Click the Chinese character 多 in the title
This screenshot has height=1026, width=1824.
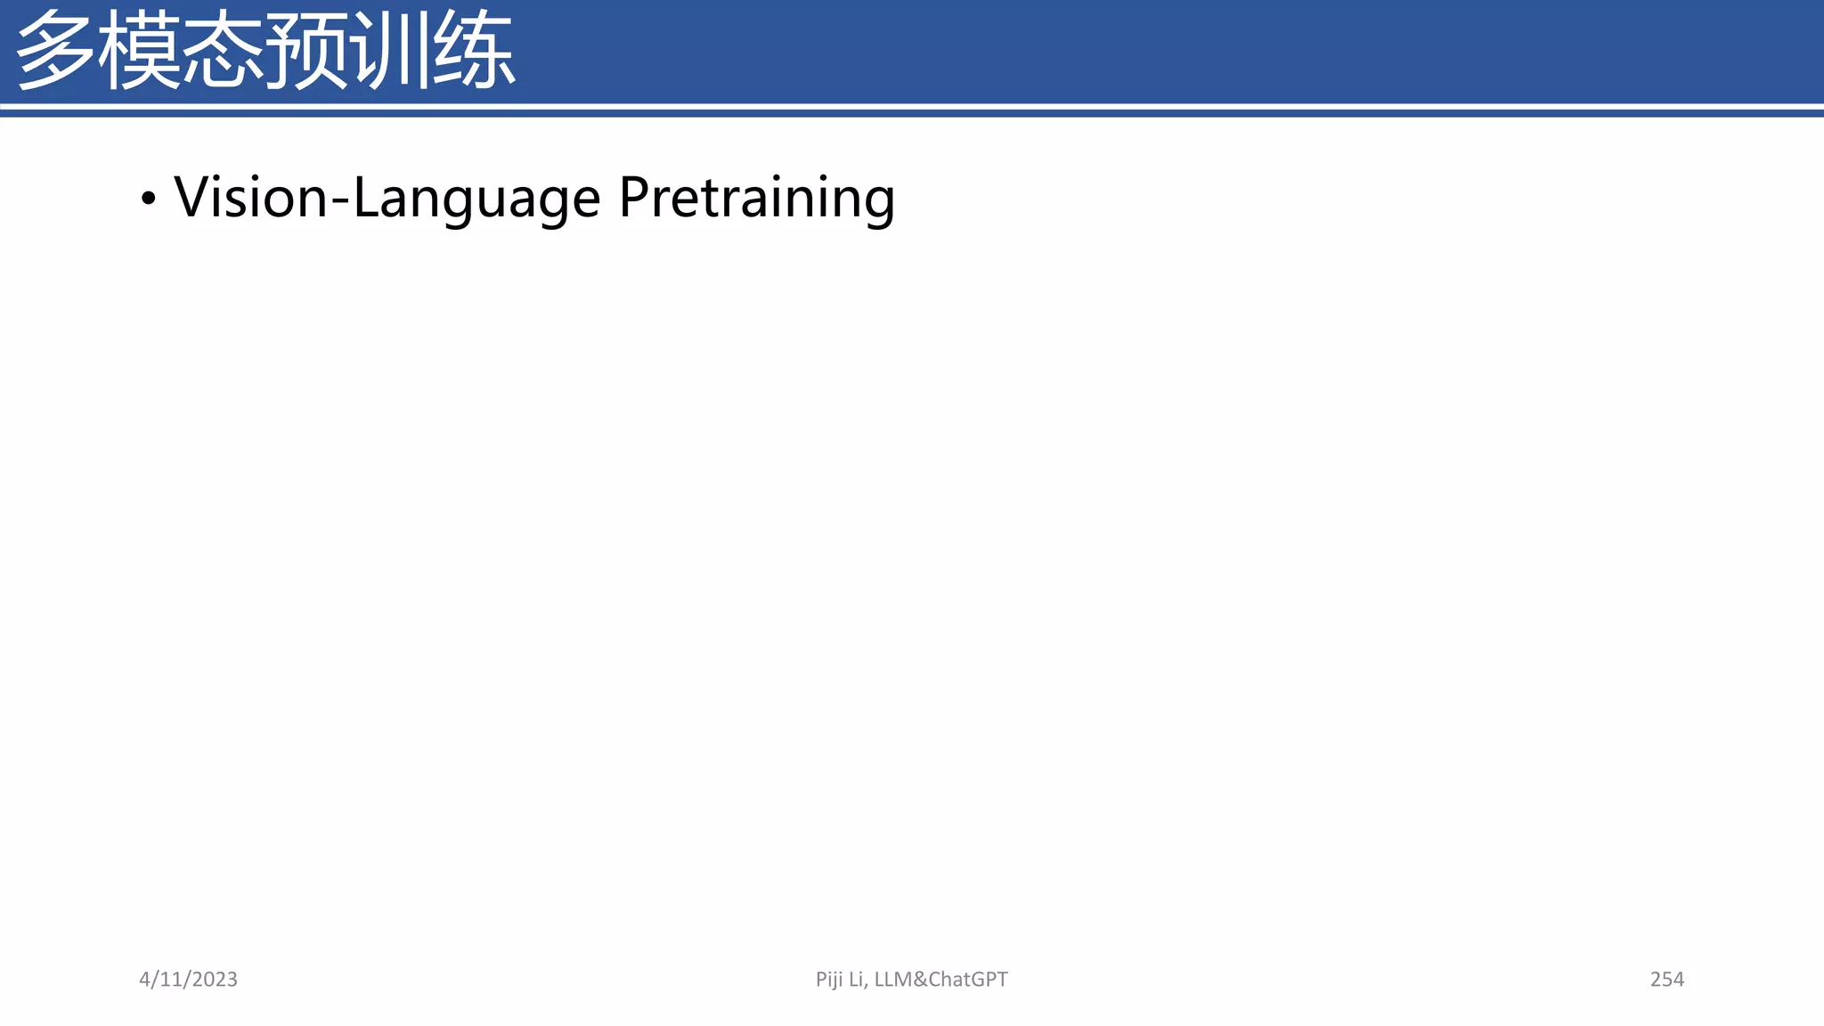point(55,51)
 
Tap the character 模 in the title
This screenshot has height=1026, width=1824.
point(140,51)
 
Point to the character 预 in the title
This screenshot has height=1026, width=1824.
point(306,51)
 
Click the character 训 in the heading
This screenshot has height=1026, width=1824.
point(388,51)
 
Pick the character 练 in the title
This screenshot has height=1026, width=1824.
point(473,51)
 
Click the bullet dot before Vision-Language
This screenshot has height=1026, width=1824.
point(148,199)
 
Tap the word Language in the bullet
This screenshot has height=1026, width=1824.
point(476,199)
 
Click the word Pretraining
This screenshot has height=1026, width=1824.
point(757,199)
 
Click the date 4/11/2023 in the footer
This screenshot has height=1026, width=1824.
point(188,979)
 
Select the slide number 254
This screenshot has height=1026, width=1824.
point(1666,979)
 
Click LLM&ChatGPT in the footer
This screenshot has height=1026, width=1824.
point(940,979)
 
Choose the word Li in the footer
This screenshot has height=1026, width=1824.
point(857,979)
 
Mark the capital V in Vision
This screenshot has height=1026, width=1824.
point(191,197)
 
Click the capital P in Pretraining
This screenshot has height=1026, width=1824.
point(634,197)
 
